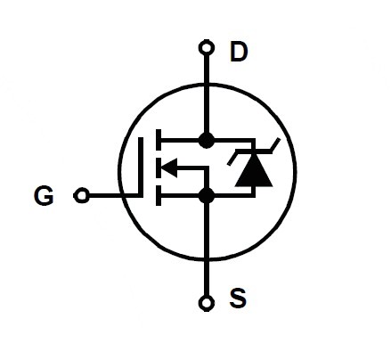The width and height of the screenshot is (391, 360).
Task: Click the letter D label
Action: click(x=239, y=52)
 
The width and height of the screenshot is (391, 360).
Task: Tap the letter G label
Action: click(x=45, y=195)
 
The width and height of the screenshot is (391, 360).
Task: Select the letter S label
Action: click(x=238, y=298)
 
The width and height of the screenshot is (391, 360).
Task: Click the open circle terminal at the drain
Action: click(x=206, y=48)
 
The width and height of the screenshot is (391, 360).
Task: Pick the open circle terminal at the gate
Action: click(x=81, y=195)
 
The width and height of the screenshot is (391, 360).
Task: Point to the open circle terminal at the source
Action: click(x=206, y=303)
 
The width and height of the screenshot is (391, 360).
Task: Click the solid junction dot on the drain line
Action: click(x=206, y=140)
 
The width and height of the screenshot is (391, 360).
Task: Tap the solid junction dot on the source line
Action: click(x=206, y=196)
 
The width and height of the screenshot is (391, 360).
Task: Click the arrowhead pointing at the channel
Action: click(x=169, y=168)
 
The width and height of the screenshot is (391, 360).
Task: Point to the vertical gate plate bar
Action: click(x=141, y=167)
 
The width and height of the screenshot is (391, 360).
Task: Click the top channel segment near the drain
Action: click(x=159, y=140)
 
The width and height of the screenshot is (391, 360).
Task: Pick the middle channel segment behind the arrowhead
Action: click(x=159, y=168)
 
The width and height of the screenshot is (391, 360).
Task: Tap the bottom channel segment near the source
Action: click(x=159, y=195)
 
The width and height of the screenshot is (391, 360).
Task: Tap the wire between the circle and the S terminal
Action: click(x=207, y=277)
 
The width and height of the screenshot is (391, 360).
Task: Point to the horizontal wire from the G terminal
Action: click(x=114, y=195)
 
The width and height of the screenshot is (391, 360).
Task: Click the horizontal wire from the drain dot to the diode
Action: click(x=234, y=140)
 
